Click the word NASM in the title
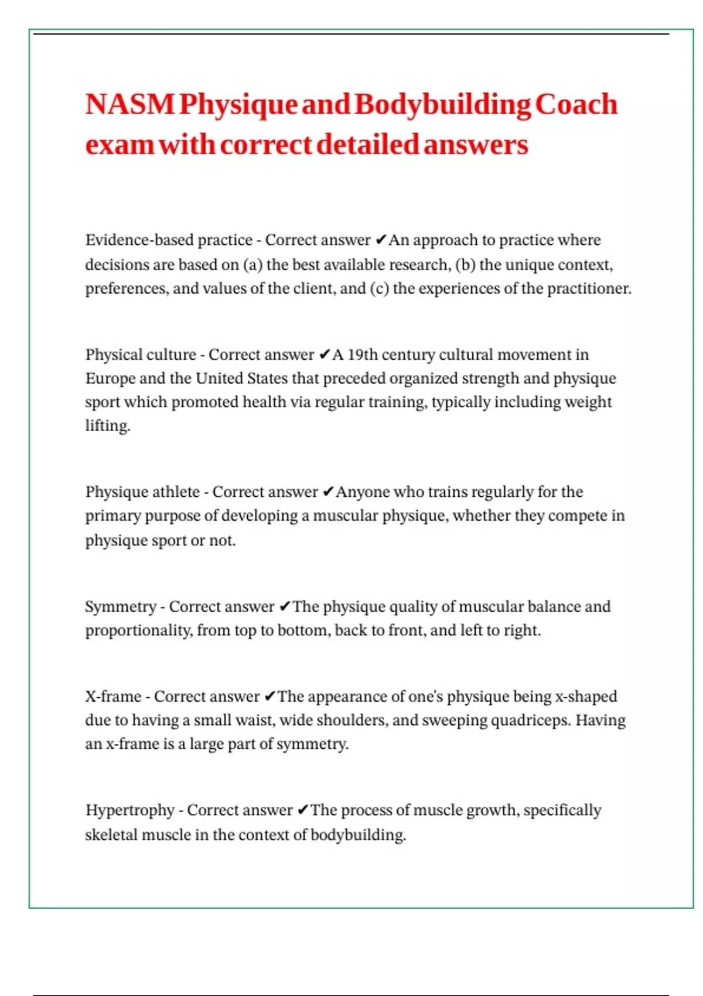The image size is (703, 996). point(130,105)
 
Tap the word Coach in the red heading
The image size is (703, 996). point(576,105)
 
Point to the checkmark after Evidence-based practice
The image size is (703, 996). point(380,240)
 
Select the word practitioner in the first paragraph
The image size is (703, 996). point(589,289)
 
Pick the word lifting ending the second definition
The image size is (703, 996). point(107,426)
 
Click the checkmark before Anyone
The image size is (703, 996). point(328,492)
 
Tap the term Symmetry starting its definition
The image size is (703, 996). point(121,606)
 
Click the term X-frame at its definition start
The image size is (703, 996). point(113,697)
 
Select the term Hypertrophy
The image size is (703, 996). point(129,810)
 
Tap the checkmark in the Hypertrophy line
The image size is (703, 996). point(302,810)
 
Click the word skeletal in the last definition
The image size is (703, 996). point(111,835)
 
